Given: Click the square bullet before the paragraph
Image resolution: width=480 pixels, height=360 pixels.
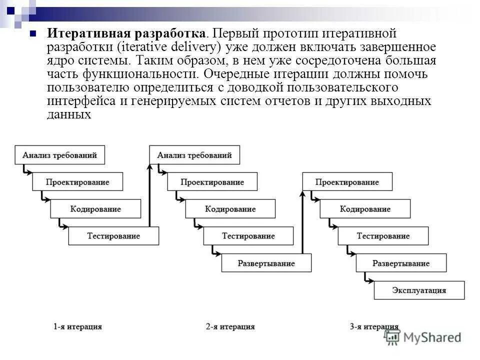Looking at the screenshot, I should click(33, 34).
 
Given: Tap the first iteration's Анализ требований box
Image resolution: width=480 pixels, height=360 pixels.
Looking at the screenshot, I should click(59, 155).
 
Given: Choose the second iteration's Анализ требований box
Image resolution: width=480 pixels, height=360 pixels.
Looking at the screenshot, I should click(194, 155).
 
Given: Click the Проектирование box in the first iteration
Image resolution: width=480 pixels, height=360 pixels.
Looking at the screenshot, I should click(77, 182).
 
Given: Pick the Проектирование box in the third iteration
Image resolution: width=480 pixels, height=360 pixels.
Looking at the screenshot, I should click(347, 182).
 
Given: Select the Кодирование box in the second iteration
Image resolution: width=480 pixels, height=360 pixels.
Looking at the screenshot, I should click(230, 209).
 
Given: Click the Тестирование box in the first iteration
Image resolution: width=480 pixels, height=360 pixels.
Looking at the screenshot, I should click(113, 236).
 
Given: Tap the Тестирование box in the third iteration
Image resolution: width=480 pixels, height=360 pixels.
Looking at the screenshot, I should click(383, 236).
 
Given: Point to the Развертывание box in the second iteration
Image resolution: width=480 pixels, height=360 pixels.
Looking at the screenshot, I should click(266, 263).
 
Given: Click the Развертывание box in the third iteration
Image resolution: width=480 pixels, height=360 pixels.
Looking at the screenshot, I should click(401, 263).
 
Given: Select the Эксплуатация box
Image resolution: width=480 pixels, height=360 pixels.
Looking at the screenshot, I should click(419, 290).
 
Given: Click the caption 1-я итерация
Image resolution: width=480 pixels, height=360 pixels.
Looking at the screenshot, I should click(77, 326).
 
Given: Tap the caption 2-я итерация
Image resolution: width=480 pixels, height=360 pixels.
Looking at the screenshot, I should click(230, 326).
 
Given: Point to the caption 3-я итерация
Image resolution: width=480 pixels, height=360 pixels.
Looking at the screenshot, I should click(374, 326).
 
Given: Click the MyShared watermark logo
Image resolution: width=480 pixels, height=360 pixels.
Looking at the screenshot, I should click(422, 337).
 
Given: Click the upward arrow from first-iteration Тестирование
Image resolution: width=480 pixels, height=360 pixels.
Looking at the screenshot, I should click(149, 195).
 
